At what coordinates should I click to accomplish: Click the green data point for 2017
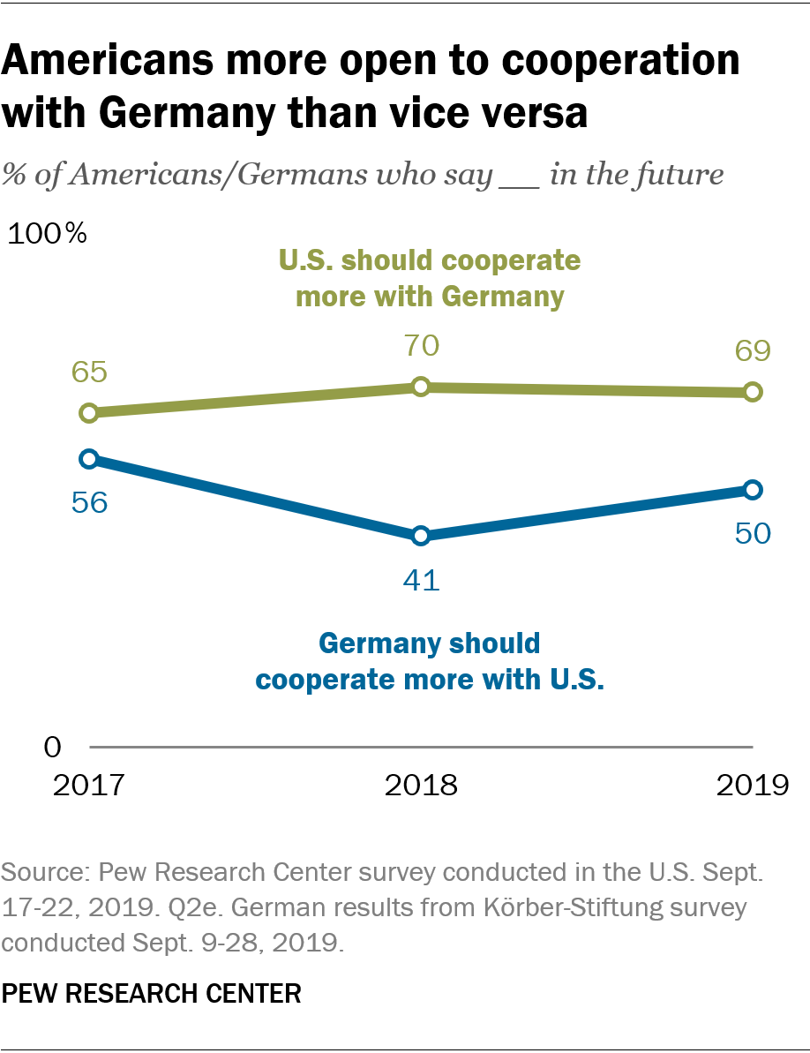coord(89,412)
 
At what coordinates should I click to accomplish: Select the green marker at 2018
coord(421,387)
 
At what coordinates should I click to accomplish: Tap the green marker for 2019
coord(752,392)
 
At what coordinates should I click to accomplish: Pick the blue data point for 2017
coord(89,458)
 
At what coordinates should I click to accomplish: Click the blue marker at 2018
coord(421,535)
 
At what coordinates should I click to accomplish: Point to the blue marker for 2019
coord(752,489)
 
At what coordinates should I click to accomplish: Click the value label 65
coord(89,372)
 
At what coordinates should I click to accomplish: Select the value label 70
coord(421,345)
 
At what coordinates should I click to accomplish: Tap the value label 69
coord(752,350)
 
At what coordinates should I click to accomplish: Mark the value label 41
coord(421,581)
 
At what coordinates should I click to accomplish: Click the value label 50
coord(752,533)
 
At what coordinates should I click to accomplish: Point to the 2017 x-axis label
coord(89,785)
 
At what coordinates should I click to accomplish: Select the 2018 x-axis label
coord(421,785)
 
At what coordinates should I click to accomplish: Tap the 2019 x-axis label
coord(752,785)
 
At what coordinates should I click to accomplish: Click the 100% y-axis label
coord(49,234)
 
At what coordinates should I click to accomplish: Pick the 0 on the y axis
coord(53,747)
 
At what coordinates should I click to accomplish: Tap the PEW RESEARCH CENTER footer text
coord(151,994)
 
